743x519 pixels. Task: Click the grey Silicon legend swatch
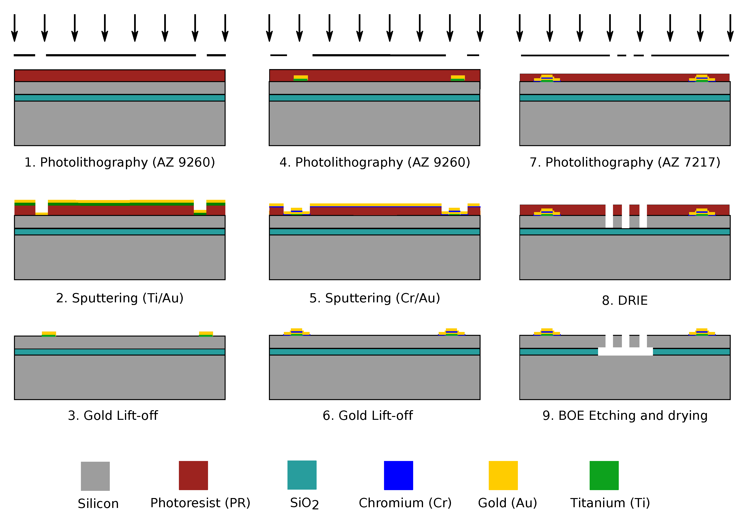pyautogui.click(x=95, y=476)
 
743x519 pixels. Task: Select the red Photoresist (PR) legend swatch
pyautogui.click(x=193, y=475)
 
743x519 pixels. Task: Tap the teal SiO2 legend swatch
pyautogui.click(x=302, y=475)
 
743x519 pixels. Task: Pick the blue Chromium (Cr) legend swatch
pyautogui.click(x=398, y=475)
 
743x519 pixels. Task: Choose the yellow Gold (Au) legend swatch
pyautogui.click(x=503, y=475)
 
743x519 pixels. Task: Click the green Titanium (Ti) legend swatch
pyautogui.click(x=604, y=475)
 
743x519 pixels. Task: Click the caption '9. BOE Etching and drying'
pyautogui.click(x=625, y=415)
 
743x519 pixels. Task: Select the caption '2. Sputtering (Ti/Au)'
pyautogui.click(x=120, y=298)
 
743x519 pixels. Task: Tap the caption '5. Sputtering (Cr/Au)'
pyautogui.click(x=375, y=298)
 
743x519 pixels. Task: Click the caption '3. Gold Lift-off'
pyautogui.click(x=113, y=415)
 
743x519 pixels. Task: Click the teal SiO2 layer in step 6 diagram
pyautogui.click(x=375, y=352)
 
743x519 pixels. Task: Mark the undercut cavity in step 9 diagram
pyautogui.click(x=625, y=351)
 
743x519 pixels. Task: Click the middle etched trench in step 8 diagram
pyautogui.click(x=626, y=216)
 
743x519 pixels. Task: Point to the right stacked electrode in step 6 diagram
pyautogui.click(x=451, y=332)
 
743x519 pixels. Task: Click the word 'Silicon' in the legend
pyautogui.click(x=98, y=503)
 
